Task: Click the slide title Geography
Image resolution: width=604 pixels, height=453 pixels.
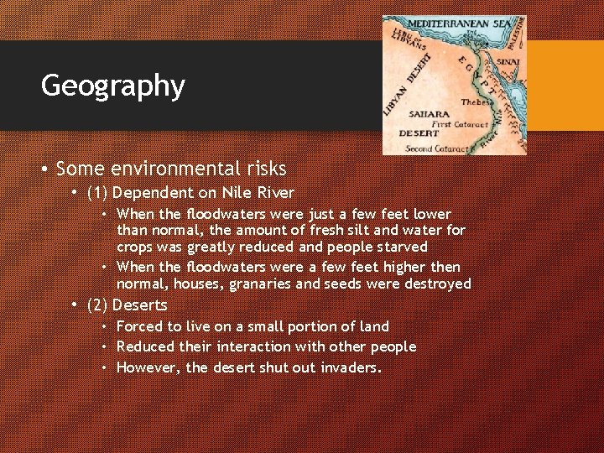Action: tap(112, 86)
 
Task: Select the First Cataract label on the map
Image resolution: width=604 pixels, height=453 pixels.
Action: tap(453, 123)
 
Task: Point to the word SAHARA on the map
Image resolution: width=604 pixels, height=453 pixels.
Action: tap(429, 113)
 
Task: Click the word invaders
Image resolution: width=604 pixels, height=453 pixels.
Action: tap(351, 367)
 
